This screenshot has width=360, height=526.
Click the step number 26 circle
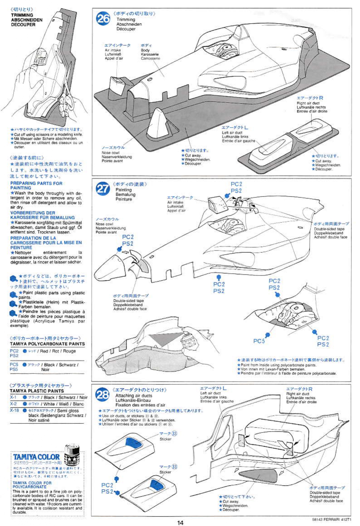103,19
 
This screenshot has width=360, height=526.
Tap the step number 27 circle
103,189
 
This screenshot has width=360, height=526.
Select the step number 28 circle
103,395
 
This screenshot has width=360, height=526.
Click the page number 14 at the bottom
180,522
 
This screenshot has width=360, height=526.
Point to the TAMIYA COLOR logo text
36,457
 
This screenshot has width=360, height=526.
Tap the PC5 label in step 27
259,341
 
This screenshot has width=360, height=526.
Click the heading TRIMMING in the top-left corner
22,15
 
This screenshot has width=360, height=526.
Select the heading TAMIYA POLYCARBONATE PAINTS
47,344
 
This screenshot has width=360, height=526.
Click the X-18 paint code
14,410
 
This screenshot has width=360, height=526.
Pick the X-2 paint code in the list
13,404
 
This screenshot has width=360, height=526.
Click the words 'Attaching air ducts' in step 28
134,396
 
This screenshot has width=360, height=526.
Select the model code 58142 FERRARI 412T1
332,519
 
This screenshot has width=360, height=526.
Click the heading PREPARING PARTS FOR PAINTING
36,185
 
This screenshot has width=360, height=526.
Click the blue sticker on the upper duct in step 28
133,443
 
